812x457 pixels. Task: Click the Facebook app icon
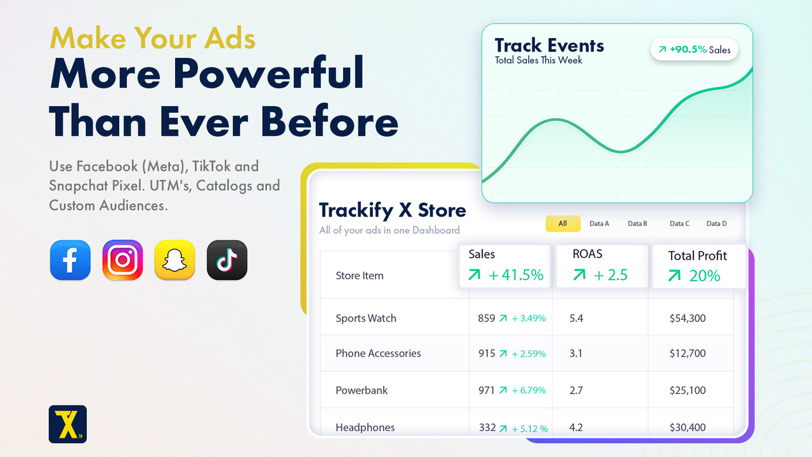(x=70, y=260)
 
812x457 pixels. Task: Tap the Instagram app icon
(x=122, y=260)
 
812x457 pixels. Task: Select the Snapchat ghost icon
(x=174, y=260)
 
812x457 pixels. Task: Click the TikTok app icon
(x=227, y=260)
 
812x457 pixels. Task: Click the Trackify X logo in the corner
(x=68, y=424)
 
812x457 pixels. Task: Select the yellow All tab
(x=563, y=223)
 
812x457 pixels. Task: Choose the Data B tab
(x=638, y=223)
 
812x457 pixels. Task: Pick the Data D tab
(x=717, y=223)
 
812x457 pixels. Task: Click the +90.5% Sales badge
(x=695, y=50)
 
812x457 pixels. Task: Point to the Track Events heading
(x=549, y=46)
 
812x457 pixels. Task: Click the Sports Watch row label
(x=366, y=319)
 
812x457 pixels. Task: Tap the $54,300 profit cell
(x=688, y=319)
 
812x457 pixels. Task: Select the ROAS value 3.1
(x=576, y=354)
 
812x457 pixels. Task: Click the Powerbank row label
(x=362, y=390)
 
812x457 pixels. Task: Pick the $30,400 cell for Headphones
(x=688, y=428)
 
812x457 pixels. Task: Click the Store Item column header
(x=360, y=275)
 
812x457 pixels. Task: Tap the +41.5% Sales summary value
(x=506, y=275)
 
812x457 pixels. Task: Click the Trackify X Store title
(x=392, y=210)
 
